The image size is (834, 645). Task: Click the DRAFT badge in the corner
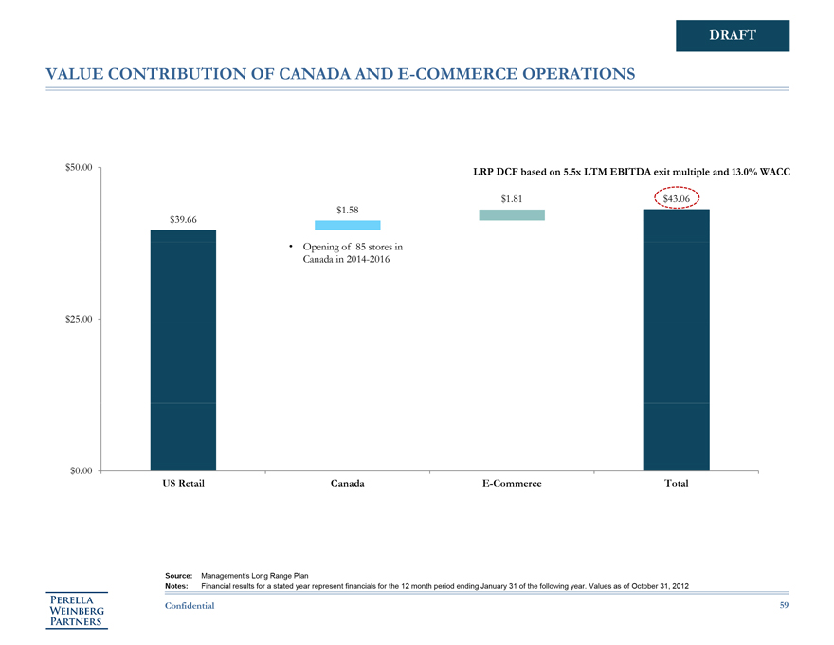pyautogui.click(x=733, y=35)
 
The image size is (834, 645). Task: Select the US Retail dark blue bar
pyautogui.click(x=183, y=350)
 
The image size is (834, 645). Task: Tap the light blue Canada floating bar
pyautogui.click(x=347, y=225)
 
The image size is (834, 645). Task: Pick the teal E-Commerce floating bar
pyautogui.click(x=512, y=215)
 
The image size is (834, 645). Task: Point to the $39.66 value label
pyautogui.click(x=183, y=220)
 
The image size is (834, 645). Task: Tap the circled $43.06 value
pyautogui.click(x=677, y=198)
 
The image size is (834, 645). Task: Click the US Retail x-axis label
pyautogui.click(x=183, y=484)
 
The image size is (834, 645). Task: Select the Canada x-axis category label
pyautogui.click(x=348, y=484)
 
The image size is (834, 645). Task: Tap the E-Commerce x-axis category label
pyautogui.click(x=512, y=484)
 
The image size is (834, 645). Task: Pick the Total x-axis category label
pyautogui.click(x=677, y=484)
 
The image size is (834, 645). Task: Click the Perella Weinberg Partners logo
pyautogui.click(x=79, y=611)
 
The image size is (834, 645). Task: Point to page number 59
pyautogui.click(x=783, y=605)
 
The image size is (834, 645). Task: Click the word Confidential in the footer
pyautogui.click(x=190, y=605)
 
